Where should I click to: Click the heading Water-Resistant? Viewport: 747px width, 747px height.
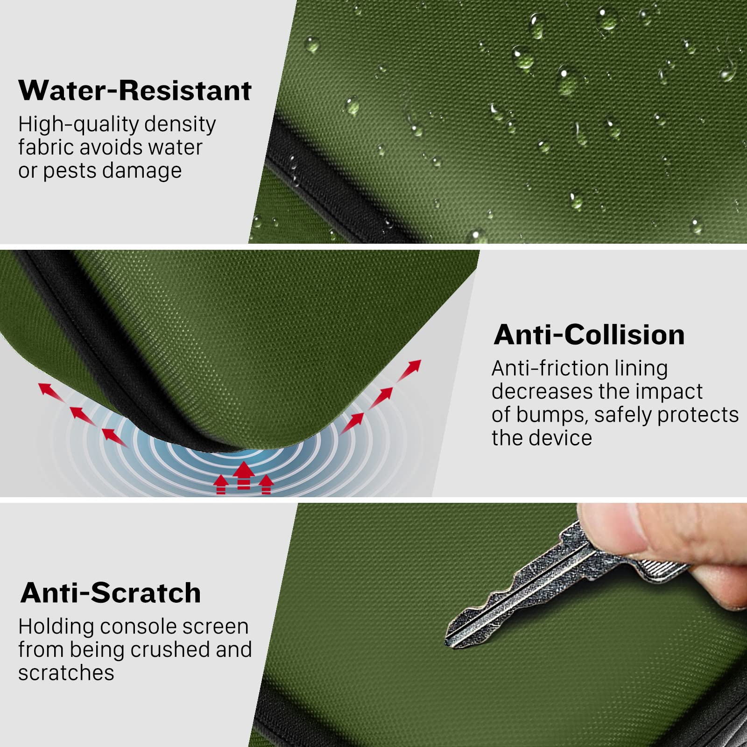[135, 90]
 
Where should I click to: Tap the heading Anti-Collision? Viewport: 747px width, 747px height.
[589, 335]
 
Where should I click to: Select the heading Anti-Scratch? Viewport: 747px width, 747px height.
[111, 593]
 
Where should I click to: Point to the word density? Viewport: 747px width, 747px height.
[180, 124]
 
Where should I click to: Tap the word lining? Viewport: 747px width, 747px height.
[641, 369]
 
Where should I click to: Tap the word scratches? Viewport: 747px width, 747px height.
[66, 673]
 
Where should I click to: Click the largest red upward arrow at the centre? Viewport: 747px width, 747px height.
[244, 475]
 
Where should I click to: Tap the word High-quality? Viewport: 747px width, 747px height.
[78, 125]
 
